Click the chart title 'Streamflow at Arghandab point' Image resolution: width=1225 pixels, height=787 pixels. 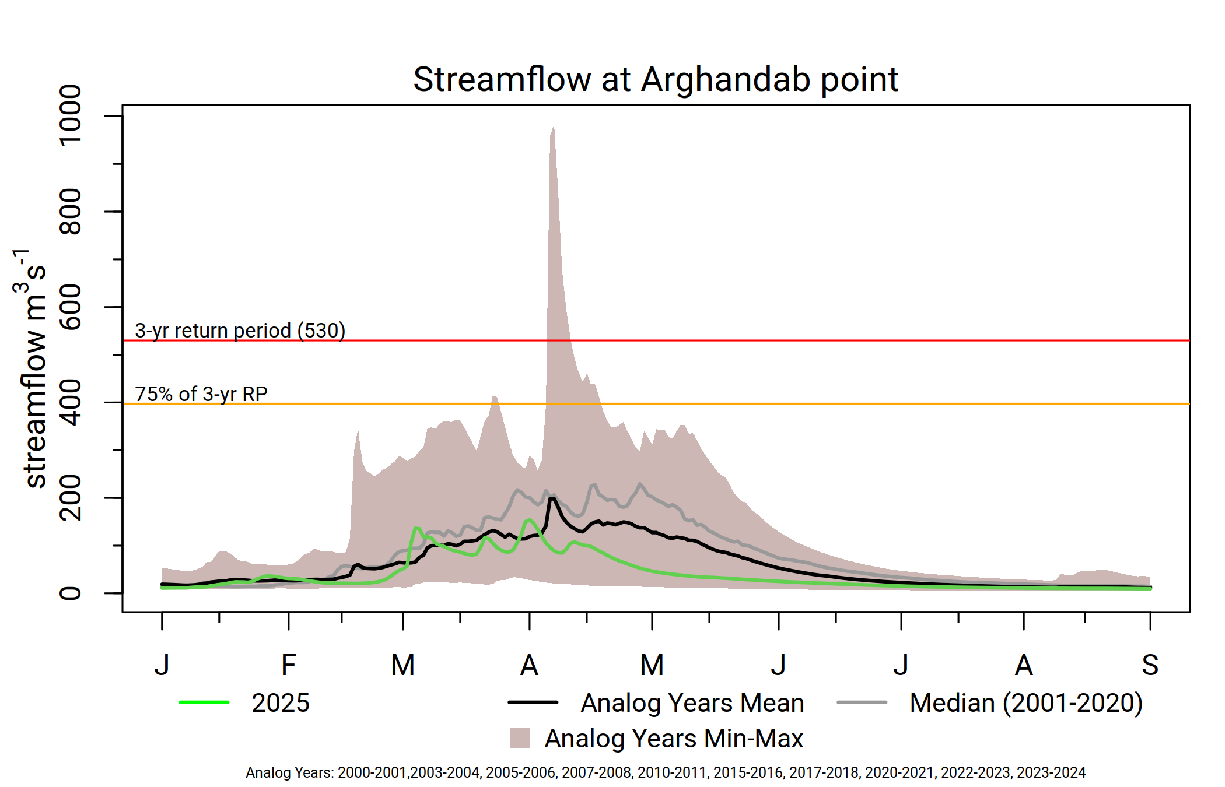click(656, 79)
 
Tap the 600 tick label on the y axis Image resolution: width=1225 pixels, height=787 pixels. click(71, 307)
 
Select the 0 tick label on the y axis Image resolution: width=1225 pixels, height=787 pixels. click(71, 593)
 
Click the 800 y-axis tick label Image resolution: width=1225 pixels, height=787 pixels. click(71, 211)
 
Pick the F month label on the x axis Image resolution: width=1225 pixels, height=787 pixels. click(289, 665)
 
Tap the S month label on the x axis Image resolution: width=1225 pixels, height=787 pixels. click(1150, 665)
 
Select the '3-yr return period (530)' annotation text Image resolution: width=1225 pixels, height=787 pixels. click(240, 331)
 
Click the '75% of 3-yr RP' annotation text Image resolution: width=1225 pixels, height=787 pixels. click(201, 394)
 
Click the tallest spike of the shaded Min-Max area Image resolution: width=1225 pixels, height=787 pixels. click(554, 126)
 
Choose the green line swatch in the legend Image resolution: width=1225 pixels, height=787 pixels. click(204, 702)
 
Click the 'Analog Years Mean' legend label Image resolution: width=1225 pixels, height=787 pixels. click(692, 703)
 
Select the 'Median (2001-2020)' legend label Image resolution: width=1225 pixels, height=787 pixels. click(1026, 703)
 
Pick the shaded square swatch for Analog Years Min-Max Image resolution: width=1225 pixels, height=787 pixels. click(520, 738)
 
